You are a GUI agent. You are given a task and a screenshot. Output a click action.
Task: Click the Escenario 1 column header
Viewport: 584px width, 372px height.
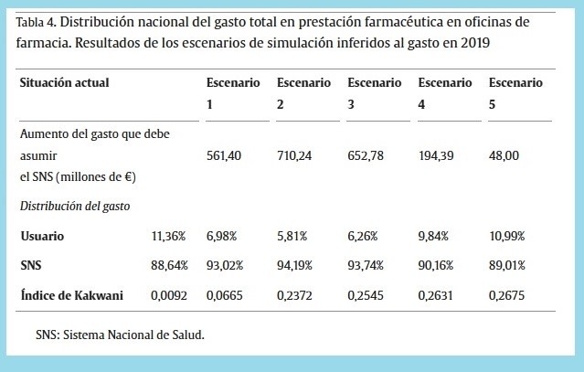click(x=233, y=92)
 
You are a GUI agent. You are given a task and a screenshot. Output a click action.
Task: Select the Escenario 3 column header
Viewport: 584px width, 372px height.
click(x=375, y=92)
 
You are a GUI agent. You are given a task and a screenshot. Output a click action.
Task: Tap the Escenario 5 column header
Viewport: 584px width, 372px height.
click(x=516, y=92)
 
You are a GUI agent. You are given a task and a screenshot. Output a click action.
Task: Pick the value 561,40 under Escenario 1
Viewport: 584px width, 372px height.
click(x=224, y=156)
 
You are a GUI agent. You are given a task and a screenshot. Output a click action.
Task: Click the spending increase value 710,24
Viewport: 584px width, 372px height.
click(x=295, y=156)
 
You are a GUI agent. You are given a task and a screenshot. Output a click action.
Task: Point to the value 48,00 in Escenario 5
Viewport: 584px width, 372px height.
click(x=504, y=156)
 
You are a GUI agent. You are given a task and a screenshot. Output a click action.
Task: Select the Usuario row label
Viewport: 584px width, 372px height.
click(x=43, y=236)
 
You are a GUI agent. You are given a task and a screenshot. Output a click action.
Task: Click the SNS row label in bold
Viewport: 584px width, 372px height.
click(x=33, y=265)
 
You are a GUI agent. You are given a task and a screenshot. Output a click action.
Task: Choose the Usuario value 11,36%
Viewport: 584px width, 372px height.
click(x=168, y=236)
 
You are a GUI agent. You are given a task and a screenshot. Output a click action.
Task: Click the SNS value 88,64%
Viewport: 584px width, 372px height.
click(x=168, y=265)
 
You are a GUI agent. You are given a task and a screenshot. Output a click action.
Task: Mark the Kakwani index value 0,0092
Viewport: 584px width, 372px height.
click(x=169, y=295)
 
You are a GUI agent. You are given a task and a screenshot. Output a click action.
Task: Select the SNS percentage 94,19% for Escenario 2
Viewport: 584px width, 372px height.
click(x=295, y=265)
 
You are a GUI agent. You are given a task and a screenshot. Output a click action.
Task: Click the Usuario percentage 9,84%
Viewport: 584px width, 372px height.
click(x=436, y=236)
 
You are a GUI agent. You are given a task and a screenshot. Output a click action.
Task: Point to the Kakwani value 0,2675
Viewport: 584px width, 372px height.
click(x=508, y=295)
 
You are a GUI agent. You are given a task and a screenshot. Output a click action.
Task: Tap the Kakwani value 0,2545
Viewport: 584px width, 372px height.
click(x=366, y=295)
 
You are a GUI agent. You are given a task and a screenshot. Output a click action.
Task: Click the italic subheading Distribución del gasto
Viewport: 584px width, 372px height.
click(x=74, y=207)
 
